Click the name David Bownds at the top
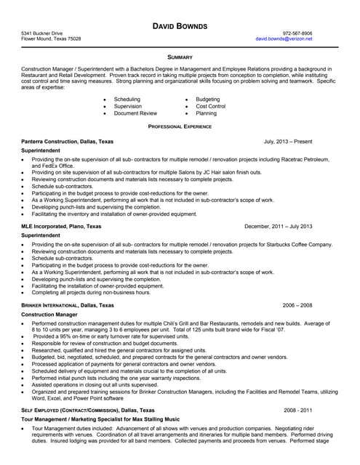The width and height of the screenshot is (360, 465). click(x=180, y=26)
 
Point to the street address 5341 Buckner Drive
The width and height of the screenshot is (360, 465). click(x=42, y=33)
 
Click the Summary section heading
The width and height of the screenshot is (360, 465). click(x=180, y=56)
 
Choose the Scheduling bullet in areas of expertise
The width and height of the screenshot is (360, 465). click(x=127, y=99)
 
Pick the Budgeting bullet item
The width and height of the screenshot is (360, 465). click(x=207, y=99)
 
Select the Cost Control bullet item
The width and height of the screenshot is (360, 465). click(x=210, y=106)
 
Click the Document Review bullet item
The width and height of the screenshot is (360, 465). click(x=135, y=113)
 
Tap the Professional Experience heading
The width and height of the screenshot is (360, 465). click(x=180, y=126)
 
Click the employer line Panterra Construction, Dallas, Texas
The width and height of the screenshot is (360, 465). click(x=68, y=142)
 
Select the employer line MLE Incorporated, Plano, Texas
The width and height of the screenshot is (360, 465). click(x=62, y=227)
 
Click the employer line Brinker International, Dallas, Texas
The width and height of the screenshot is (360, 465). click(x=68, y=305)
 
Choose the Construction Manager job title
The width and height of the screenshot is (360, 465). click(x=49, y=315)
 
